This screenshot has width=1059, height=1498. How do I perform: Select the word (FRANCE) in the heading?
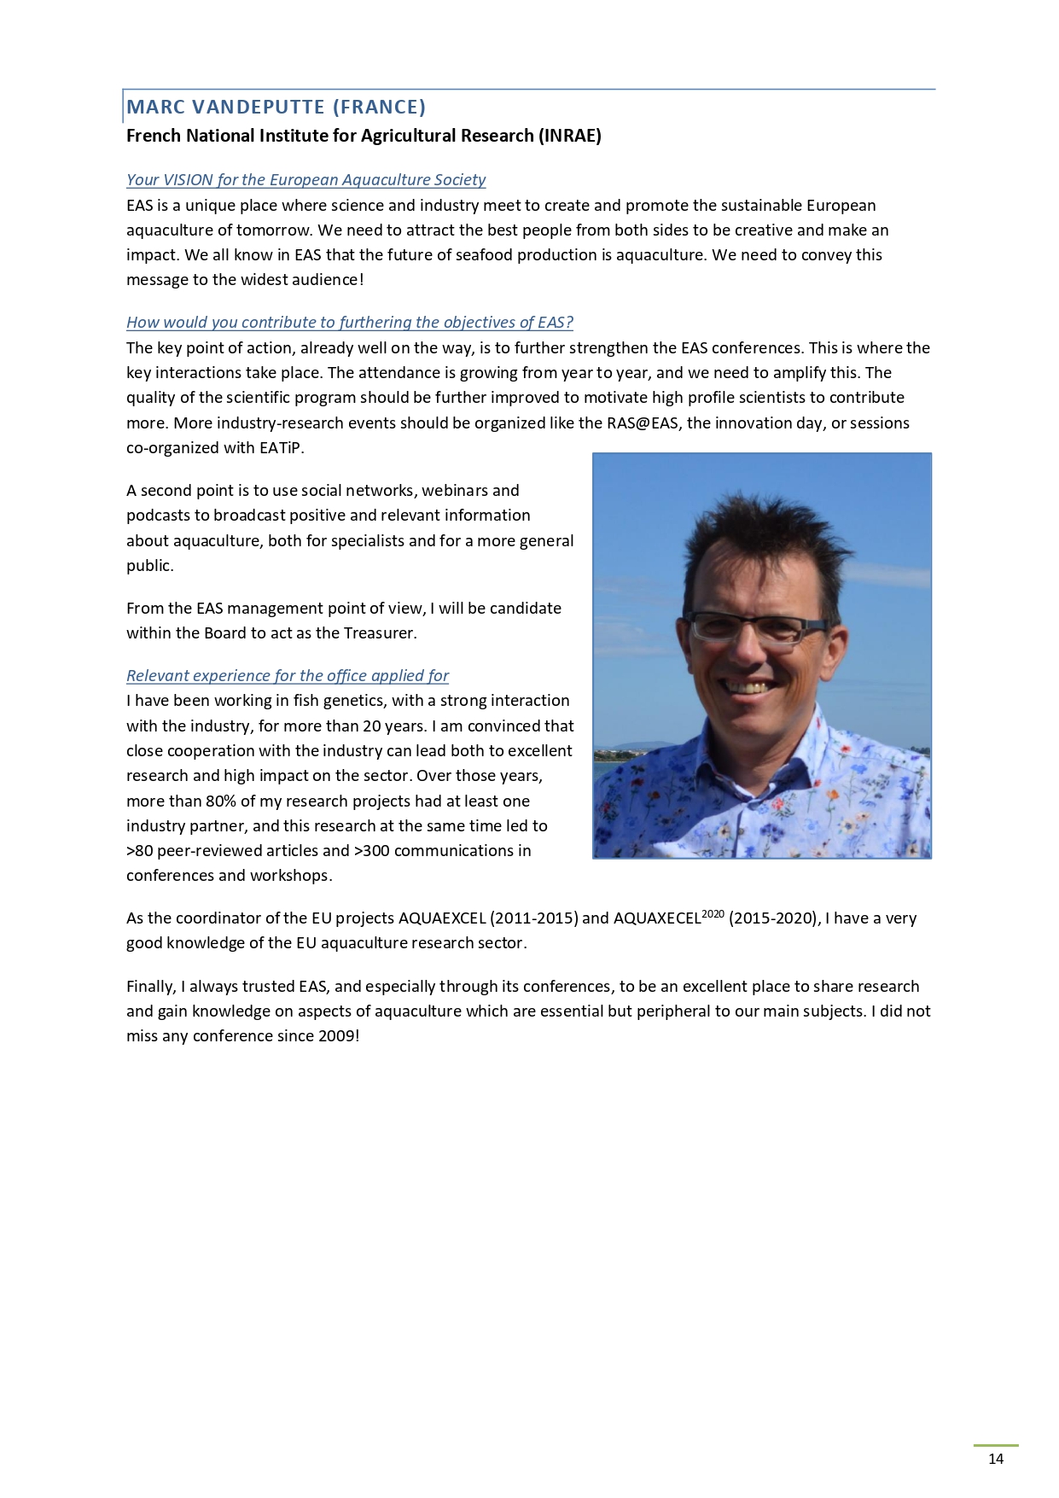379,107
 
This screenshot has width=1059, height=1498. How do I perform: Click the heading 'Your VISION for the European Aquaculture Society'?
305,180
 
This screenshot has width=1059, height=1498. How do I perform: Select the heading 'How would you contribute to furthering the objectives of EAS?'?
349,323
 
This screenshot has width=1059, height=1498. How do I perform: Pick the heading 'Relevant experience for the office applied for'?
287,676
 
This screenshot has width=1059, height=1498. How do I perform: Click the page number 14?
995,1459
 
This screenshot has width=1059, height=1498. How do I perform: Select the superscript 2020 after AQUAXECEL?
713,914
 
